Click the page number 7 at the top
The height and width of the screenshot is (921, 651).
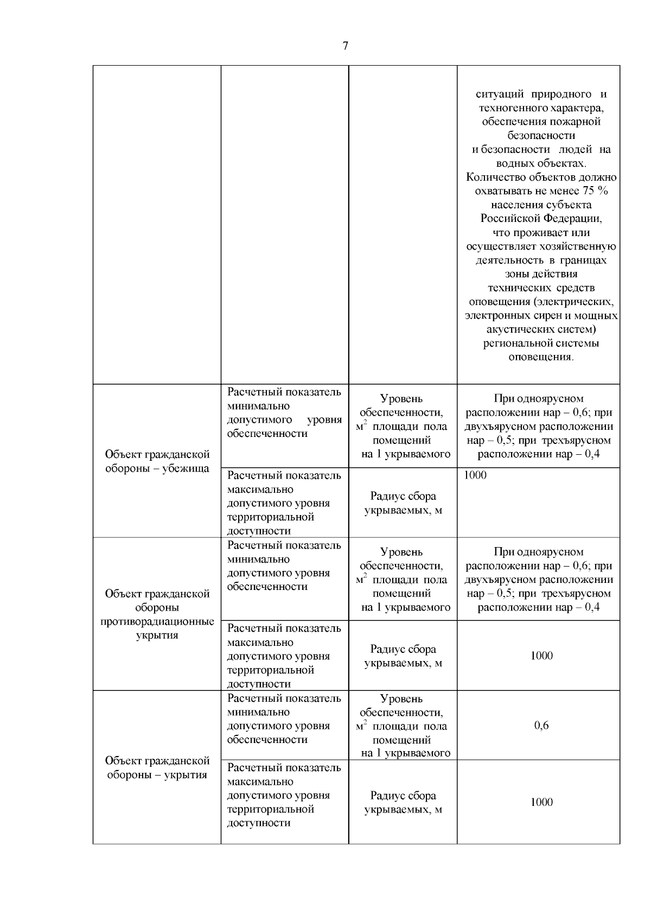click(346, 46)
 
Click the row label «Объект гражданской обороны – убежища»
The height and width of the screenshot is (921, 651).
click(157, 461)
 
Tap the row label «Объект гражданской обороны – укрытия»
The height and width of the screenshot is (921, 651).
click(157, 767)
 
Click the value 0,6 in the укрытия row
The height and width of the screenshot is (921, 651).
click(541, 726)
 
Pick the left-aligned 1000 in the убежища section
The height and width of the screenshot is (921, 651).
click(475, 475)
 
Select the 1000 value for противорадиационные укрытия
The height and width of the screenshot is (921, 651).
click(541, 656)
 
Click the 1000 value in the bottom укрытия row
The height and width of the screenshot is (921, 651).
click(541, 802)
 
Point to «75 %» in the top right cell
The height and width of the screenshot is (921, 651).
click(595, 191)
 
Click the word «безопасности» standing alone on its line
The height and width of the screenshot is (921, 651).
click(541, 135)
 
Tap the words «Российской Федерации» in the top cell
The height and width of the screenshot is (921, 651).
click(541, 219)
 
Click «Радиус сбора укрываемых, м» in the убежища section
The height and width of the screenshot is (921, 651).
click(403, 503)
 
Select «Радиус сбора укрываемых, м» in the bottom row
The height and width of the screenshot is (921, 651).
click(403, 802)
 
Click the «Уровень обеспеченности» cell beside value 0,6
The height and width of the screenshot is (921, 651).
click(403, 726)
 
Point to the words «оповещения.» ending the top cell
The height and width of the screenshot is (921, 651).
click(541, 357)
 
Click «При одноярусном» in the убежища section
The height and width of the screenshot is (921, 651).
click(539, 399)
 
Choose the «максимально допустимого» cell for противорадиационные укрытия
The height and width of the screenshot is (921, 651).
click(284, 656)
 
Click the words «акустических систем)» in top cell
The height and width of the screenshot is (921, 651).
click(541, 329)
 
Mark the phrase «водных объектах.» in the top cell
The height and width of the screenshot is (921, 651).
click(541, 163)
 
